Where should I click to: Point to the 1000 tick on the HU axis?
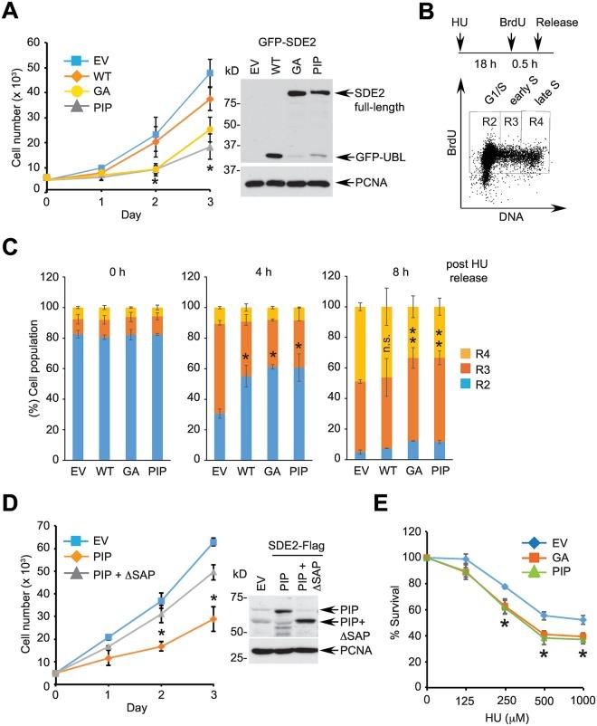point(583,702)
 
